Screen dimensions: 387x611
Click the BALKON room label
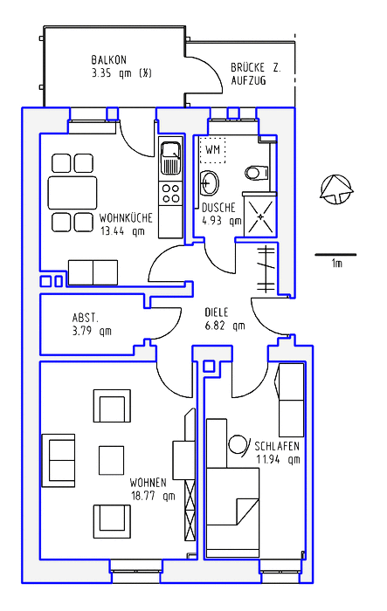[x=109, y=60]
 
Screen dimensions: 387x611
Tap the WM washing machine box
[x=212, y=149]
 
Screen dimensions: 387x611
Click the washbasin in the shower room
[x=210, y=182]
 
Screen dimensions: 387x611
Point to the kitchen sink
[x=170, y=158]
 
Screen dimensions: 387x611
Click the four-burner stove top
[x=170, y=194]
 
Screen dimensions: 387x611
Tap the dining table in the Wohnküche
[x=73, y=193]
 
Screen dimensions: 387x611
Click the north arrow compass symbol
[x=335, y=189]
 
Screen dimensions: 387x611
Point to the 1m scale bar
[x=335, y=255]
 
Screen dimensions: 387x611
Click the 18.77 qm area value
[x=153, y=497]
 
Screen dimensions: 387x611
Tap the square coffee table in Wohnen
[x=111, y=460]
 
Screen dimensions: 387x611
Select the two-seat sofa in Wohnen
[x=59, y=460]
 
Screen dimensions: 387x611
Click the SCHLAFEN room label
[x=277, y=446]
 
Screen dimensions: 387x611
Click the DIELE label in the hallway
[x=217, y=312]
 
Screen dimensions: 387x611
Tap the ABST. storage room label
[x=86, y=318]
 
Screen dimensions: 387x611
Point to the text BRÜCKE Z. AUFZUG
[x=256, y=73]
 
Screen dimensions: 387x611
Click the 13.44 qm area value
[x=122, y=231]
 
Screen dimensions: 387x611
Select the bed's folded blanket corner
[x=247, y=510]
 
